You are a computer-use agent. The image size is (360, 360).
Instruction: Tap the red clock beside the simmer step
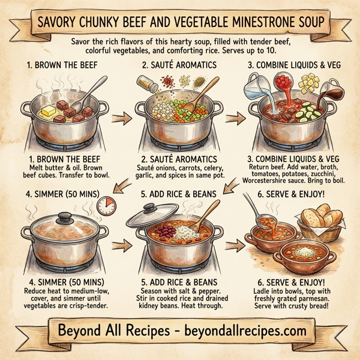pyautogui.click(x=107, y=206)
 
